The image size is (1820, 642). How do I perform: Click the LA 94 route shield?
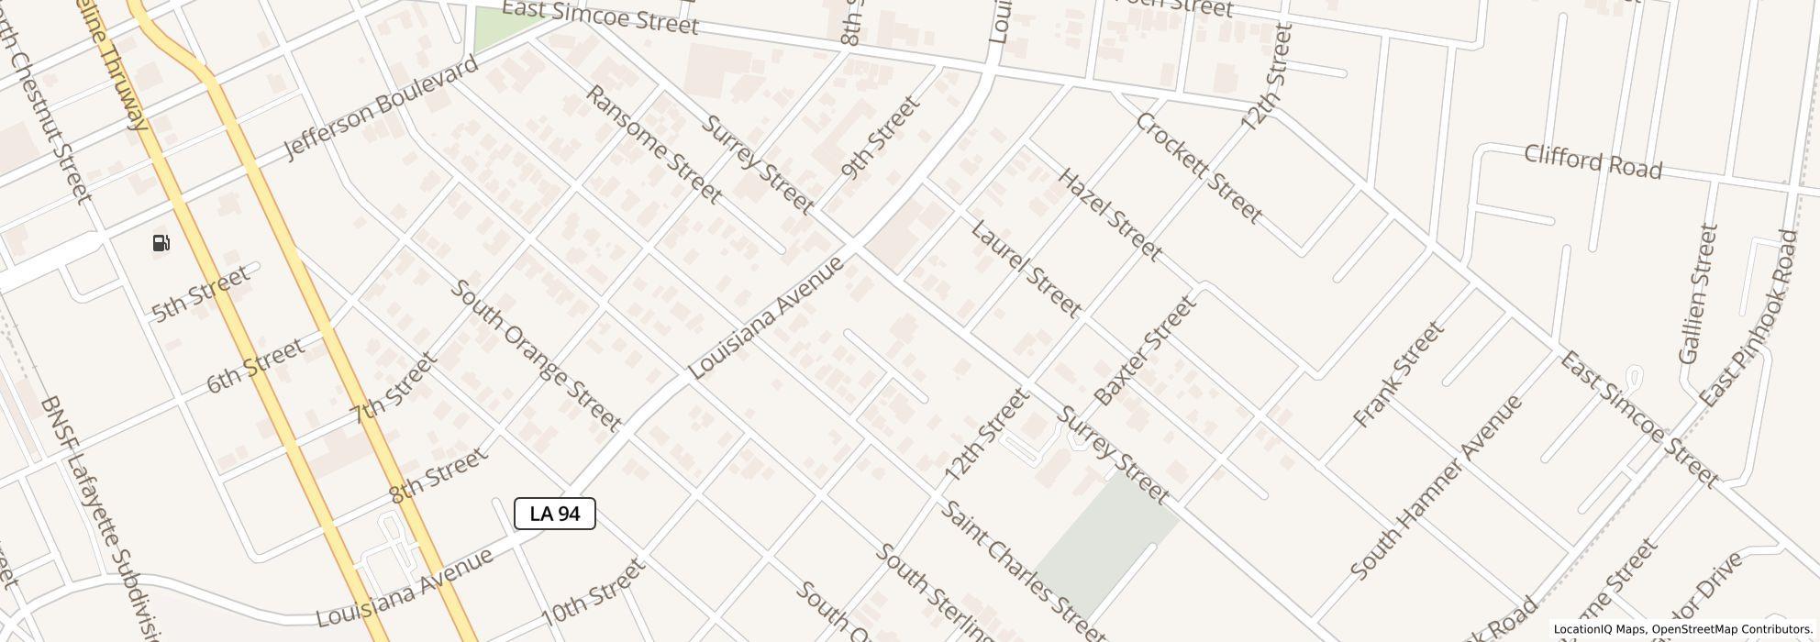(554, 514)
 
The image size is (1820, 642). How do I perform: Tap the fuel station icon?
(161, 243)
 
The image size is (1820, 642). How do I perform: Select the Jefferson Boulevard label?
(381, 107)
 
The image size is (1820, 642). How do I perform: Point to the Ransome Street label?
(653, 144)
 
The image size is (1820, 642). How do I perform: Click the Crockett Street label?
(1199, 169)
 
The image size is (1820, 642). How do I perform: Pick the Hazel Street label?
(1110, 214)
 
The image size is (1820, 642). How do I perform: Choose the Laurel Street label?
(1026, 269)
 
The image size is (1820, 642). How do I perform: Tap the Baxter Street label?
(1146, 350)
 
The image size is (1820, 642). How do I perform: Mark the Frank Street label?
(1398, 373)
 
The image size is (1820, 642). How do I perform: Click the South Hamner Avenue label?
(1436, 487)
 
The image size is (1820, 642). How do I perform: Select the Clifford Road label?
(1592, 162)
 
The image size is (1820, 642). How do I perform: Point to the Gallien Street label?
(1697, 294)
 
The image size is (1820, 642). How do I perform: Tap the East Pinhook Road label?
(1749, 318)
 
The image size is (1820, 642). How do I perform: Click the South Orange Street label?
(536, 356)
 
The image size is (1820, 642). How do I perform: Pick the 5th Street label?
(200, 294)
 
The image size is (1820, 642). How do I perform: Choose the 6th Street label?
(254, 366)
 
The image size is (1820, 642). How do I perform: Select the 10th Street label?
(594, 592)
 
